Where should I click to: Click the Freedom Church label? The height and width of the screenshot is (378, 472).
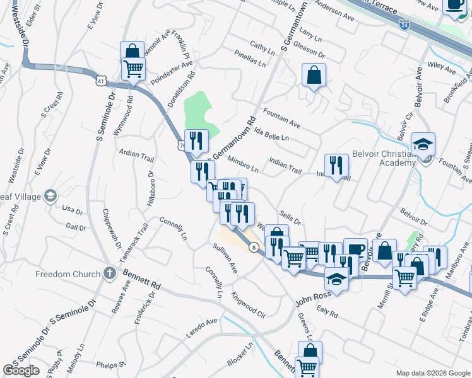pos(68,274)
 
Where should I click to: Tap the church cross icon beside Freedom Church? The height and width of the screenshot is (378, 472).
pos(109,274)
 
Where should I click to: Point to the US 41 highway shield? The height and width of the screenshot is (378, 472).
pos(101,81)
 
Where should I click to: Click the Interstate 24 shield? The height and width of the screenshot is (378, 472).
pos(404,25)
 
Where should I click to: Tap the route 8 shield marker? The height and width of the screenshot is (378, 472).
pos(252,247)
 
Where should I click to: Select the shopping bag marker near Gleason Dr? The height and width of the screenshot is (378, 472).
pos(314,76)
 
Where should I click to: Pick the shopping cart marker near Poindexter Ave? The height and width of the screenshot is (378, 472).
pos(133,68)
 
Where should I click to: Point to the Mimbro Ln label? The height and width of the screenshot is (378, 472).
pos(242,165)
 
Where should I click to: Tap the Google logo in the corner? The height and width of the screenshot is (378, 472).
pos(21,370)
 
